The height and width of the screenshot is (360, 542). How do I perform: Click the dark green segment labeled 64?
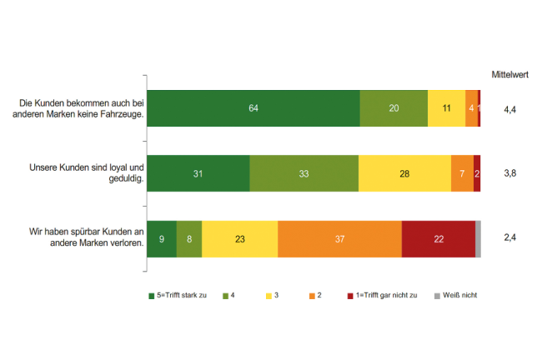coord(253,108)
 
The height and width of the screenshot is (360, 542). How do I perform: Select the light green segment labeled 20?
coord(394,108)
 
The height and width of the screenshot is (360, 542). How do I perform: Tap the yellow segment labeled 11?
coord(446,108)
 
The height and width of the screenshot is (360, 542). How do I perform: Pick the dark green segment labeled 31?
coord(198,173)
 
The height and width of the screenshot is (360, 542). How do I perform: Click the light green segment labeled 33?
coord(304,173)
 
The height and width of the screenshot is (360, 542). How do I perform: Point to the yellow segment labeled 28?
coord(404,173)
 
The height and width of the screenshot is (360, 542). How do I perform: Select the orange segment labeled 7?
coord(462,173)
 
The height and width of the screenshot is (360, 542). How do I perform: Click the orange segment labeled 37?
coord(339,239)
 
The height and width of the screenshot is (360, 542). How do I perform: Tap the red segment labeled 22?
coord(439,239)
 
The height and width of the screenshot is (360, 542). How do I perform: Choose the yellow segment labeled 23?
coord(239,239)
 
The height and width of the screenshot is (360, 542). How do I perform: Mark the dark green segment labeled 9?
coord(162,239)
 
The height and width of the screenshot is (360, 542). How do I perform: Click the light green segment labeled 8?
coord(189,239)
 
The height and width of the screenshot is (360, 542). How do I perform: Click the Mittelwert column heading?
coord(513,73)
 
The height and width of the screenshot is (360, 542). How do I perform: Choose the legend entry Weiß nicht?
coord(459,295)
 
